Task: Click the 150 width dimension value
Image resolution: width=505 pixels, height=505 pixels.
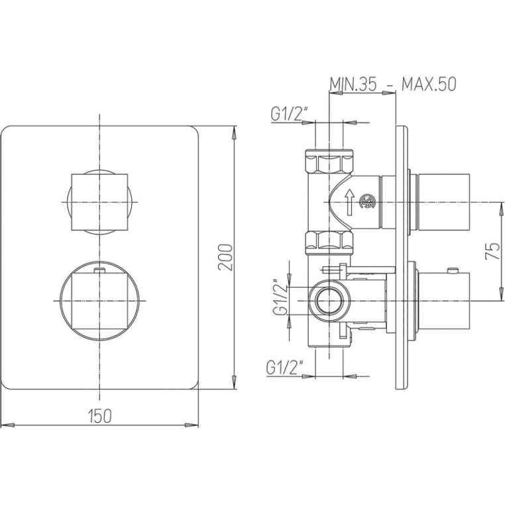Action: [x=99, y=416]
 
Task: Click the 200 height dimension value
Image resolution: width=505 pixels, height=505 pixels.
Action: [x=225, y=257]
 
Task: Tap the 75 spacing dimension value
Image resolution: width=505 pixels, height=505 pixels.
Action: [x=492, y=251]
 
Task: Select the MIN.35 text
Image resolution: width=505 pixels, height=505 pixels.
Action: [x=353, y=84]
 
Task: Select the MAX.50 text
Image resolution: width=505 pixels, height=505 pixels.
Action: [x=429, y=84]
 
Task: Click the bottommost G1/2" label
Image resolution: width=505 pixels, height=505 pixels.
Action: [x=285, y=367]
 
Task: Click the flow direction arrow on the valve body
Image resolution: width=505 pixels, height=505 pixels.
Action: [x=349, y=202]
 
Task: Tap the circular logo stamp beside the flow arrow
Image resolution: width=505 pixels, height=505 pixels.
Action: [x=367, y=202]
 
